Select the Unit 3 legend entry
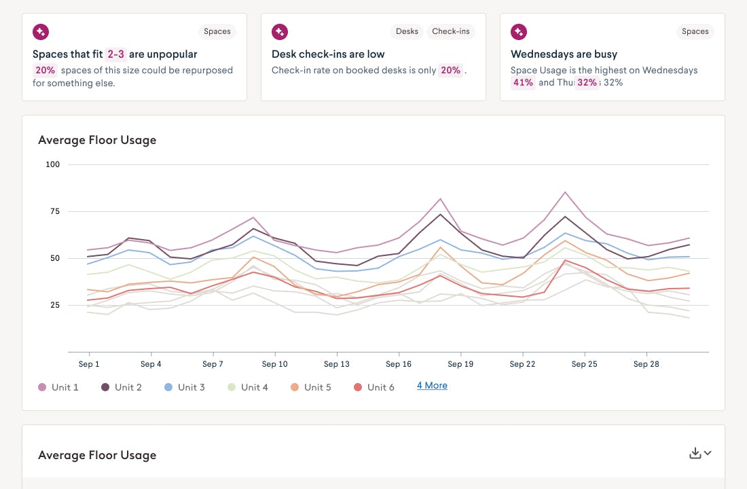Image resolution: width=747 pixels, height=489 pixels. (184, 387)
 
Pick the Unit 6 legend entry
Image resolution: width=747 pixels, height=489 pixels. (373, 387)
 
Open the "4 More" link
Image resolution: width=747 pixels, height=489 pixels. (432, 386)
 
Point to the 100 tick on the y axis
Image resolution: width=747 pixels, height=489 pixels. (53, 164)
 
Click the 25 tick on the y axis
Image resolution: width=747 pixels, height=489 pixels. (53, 305)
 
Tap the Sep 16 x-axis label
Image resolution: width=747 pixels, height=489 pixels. (399, 364)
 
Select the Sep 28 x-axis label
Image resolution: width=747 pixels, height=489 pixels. (646, 364)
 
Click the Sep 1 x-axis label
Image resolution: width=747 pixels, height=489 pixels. (89, 364)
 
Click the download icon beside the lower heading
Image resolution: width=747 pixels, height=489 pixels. (695, 454)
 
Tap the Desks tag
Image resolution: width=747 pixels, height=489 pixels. (407, 31)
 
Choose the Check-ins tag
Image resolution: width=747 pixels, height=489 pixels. (451, 31)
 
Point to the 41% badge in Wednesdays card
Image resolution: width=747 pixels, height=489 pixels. (523, 83)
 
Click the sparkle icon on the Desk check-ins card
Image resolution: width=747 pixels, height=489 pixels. (279, 31)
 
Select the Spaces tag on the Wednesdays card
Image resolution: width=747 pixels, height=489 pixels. (695, 31)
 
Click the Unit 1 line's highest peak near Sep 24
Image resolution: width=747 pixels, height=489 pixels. (565, 192)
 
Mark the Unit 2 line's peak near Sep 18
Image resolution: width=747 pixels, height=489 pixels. (441, 215)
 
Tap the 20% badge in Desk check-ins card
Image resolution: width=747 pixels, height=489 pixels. (450, 71)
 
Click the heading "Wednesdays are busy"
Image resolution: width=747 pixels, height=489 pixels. (564, 54)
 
